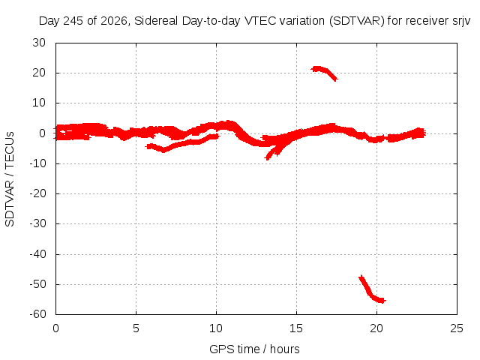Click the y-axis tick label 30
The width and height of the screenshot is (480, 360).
(39, 43)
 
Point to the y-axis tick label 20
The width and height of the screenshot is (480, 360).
(39, 73)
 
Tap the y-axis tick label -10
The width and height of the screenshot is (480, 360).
(37, 163)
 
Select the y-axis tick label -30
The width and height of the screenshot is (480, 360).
(37, 223)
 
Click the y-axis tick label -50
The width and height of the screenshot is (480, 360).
(37, 284)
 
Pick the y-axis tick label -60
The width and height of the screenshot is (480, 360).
(37, 314)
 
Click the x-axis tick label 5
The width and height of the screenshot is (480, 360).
(136, 328)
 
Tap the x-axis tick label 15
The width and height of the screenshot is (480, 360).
(296, 328)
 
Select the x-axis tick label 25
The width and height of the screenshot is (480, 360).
(457, 328)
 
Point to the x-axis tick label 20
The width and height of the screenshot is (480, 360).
(376, 328)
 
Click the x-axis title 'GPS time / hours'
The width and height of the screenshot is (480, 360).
(254, 349)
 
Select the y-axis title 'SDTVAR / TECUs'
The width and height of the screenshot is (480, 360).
(10, 179)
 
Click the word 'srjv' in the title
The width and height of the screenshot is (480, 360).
(461, 21)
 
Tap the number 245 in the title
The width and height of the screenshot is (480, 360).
(73, 21)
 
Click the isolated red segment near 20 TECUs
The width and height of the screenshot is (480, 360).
(324, 73)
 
